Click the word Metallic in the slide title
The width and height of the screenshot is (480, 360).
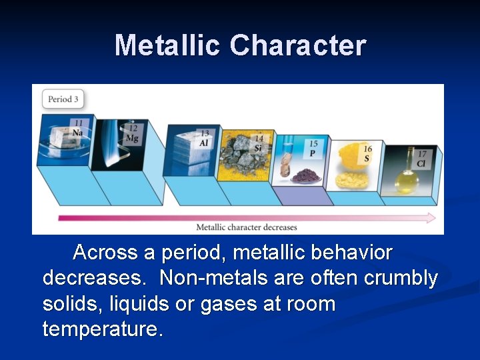[168, 45]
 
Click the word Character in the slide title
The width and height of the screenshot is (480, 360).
[298, 45]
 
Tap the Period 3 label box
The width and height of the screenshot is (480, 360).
[63, 99]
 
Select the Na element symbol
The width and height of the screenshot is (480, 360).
[79, 132]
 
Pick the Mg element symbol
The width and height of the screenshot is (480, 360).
[132, 138]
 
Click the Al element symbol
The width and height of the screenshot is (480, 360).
[204, 143]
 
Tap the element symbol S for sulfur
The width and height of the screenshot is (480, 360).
[367, 158]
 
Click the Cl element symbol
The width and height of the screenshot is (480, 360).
[421, 163]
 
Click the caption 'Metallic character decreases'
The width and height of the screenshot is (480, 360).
[247, 227]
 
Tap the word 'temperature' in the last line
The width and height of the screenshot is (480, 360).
[100, 329]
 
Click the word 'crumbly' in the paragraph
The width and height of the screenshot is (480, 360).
[401, 278]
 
